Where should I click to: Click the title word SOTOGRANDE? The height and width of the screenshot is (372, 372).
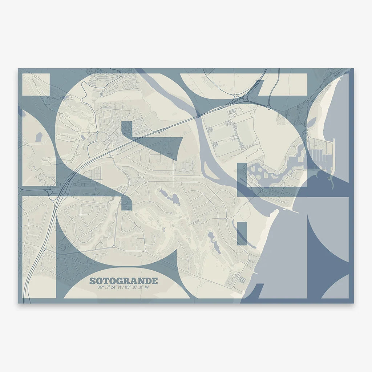tap(124, 281)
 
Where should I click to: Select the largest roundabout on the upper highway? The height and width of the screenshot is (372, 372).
tap(268, 107)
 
